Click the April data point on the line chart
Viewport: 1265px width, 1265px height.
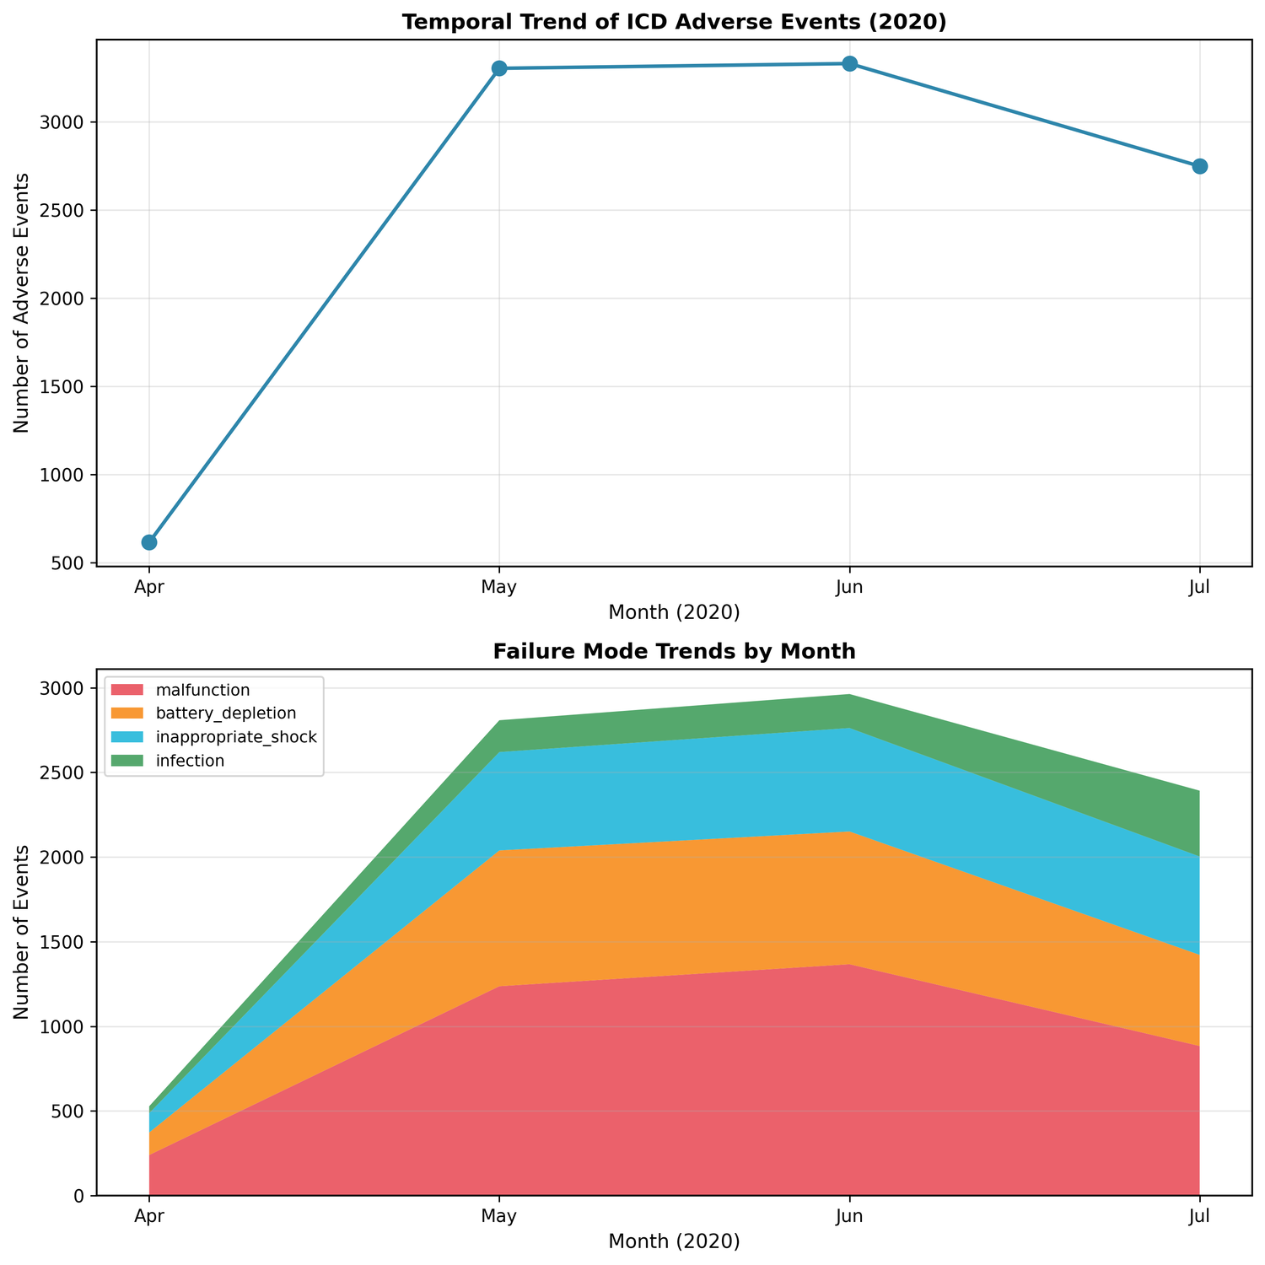tap(149, 542)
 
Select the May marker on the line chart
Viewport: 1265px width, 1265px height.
tap(499, 68)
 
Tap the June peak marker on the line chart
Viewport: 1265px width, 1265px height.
tap(849, 64)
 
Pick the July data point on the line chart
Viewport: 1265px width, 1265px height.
tap(1199, 166)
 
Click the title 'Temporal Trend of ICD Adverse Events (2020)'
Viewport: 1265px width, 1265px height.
tap(674, 23)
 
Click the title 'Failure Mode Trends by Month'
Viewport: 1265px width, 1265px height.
tap(674, 652)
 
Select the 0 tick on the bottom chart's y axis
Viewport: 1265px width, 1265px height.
tap(83, 1195)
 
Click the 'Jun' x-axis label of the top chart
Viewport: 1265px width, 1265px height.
tap(849, 587)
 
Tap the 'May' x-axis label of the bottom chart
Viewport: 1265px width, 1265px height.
tap(499, 1217)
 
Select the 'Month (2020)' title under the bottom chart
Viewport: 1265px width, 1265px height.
tap(674, 1241)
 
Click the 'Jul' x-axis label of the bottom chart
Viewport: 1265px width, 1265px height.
tap(1199, 1217)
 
